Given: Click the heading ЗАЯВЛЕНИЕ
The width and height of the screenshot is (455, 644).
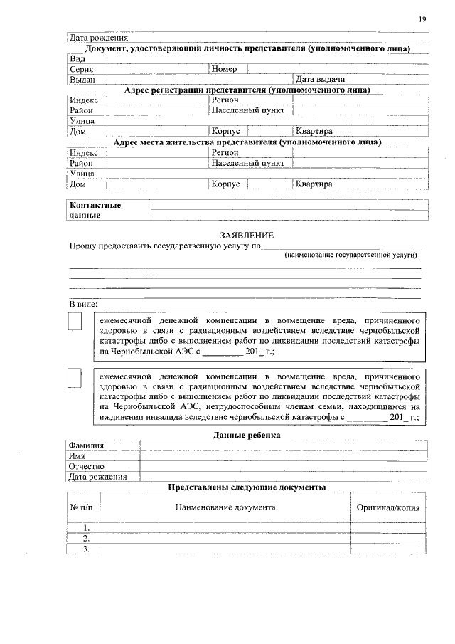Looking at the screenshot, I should click(x=247, y=236).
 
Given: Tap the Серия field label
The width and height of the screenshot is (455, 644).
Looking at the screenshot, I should click(x=81, y=70).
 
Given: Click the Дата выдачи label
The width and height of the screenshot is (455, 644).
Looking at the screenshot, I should click(x=321, y=80).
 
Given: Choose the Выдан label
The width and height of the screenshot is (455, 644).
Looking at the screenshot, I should click(x=82, y=80).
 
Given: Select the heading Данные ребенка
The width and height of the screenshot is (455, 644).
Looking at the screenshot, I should click(x=247, y=434).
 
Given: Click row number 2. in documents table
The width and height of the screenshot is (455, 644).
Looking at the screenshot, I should click(x=86, y=539).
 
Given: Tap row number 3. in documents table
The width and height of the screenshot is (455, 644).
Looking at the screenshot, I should click(x=86, y=549).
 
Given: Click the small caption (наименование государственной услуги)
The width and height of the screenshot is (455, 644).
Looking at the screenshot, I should click(x=350, y=254).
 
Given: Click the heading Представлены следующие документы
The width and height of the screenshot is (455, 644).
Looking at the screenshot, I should click(x=247, y=487).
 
